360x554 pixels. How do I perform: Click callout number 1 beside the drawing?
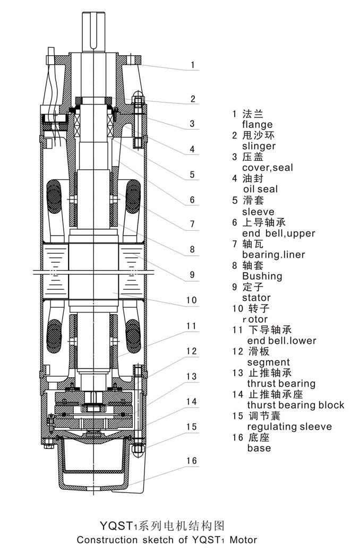tap(193, 66)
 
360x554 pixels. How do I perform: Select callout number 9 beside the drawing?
tap(192, 275)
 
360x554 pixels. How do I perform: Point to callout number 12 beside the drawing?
tap(192, 351)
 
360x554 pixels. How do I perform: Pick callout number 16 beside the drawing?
tap(192, 461)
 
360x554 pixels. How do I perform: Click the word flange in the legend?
tap(257, 125)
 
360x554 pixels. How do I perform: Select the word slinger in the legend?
tap(259, 146)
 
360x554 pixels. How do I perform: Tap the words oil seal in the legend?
tap(260, 189)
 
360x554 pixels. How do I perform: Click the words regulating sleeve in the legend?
tap(289, 427)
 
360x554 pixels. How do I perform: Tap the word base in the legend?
tap(259, 448)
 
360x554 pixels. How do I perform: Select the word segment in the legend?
tap(265, 362)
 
